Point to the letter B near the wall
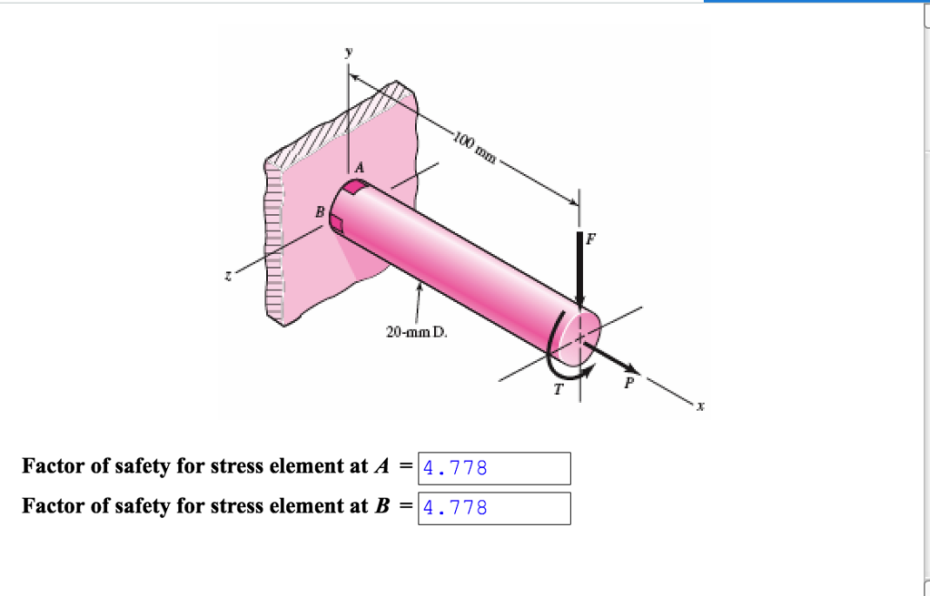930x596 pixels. click(318, 212)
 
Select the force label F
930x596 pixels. click(591, 240)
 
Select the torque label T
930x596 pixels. click(559, 388)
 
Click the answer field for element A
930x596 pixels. click(494, 468)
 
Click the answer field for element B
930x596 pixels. click(494, 508)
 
